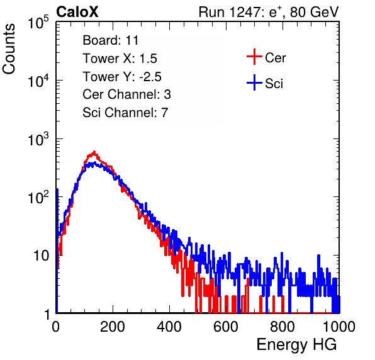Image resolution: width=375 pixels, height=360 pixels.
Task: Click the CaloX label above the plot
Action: (x=77, y=12)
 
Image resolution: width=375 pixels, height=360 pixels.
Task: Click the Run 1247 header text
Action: (x=269, y=12)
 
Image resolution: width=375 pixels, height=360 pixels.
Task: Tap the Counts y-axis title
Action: (x=9, y=49)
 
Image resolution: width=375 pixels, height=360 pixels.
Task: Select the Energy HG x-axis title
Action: (x=296, y=345)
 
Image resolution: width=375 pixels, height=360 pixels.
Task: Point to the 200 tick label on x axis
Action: (x=113, y=327)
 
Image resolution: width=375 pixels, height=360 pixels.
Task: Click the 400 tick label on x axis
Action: (x=169, y=327)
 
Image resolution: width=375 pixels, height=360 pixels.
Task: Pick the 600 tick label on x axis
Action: (x=226, y=327)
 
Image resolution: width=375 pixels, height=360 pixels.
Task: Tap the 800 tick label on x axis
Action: (x=283, y=327)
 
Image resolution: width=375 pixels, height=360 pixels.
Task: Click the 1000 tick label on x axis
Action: (x=339, y=327)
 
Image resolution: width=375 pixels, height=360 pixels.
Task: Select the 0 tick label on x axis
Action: (x=55, y=327)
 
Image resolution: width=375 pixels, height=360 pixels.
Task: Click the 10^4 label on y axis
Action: (x=38, y=81)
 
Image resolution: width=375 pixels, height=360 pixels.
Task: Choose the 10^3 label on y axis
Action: (x=38, y=139)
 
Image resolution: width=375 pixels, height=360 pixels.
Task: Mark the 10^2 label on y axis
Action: (x=38, y=198)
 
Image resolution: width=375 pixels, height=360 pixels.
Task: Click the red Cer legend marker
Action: (x=254, y=57)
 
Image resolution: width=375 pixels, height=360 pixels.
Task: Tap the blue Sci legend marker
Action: (x=254, y=82)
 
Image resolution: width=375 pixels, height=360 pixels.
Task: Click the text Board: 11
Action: (x=111, y=40)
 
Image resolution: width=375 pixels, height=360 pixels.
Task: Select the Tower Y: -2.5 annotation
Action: (x=122, y=77)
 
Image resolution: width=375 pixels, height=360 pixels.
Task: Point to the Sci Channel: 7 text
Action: (x=125, y=113)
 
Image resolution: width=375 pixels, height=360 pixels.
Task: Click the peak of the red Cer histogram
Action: (x=94, y=152)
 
